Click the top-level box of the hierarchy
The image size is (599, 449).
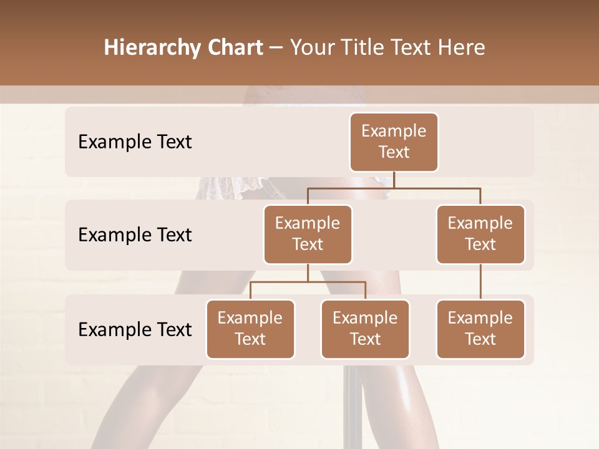394,142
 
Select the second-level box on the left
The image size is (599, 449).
308,234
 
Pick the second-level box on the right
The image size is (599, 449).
480,234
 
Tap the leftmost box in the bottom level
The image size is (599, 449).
250,329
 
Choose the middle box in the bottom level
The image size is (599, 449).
365,329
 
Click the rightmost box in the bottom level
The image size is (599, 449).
480,329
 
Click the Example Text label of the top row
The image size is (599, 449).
135,142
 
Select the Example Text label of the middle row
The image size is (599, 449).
135,235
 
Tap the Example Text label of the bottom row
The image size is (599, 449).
135,330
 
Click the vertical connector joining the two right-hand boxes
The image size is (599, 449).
480,282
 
